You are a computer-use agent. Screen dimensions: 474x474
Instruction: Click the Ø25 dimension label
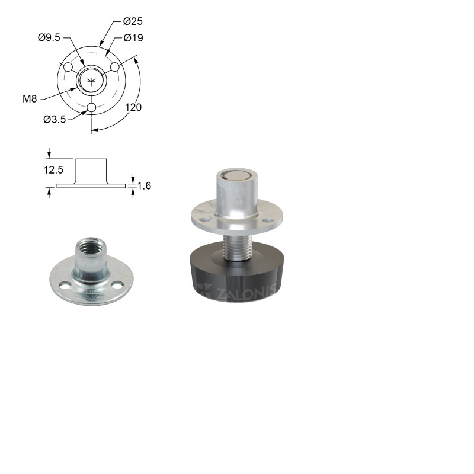[x=133, y=21]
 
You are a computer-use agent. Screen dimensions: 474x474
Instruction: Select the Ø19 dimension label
[x=133, y=38]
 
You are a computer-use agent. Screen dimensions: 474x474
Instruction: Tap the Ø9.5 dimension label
[x=49, y=37]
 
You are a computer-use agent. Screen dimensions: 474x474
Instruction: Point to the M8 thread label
[x=30, y=98]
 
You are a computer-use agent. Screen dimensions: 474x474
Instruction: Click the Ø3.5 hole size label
[x=55, y=120]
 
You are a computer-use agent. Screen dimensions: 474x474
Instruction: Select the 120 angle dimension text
[x=133, y=107]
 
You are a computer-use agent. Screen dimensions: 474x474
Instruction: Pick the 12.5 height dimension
[x=53, y=170]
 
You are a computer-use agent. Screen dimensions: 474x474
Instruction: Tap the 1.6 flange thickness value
[x=144, y=185]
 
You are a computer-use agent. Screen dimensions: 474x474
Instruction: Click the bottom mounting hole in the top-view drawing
[x=91, y=107]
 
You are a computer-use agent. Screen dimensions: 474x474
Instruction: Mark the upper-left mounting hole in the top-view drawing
[x=68, y=67]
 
